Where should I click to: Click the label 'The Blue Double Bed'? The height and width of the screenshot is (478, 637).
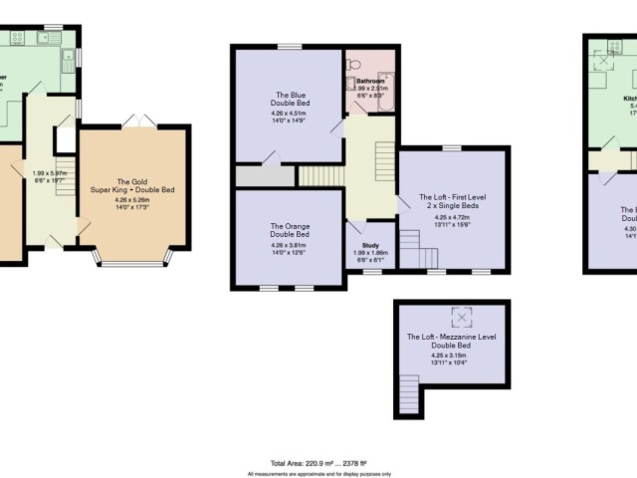click(x=290, y=100)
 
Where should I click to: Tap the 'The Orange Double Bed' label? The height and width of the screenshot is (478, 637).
click(x=288, y=230)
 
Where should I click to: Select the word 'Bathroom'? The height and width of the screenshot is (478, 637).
click(x=370, y=81)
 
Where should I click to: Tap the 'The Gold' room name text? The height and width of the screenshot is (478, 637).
click(x=133, y=182)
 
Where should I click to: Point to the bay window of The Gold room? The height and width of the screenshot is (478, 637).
click(x=133, y=261)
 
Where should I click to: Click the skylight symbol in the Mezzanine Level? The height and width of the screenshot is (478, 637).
click(x=461, y=318)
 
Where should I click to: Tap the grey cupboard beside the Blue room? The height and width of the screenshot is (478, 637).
click(x=265, y=176)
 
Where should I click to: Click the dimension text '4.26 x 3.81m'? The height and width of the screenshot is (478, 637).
click(x=288, y=245)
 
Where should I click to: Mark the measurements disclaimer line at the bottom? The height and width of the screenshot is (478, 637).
click(x=317, y=473)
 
